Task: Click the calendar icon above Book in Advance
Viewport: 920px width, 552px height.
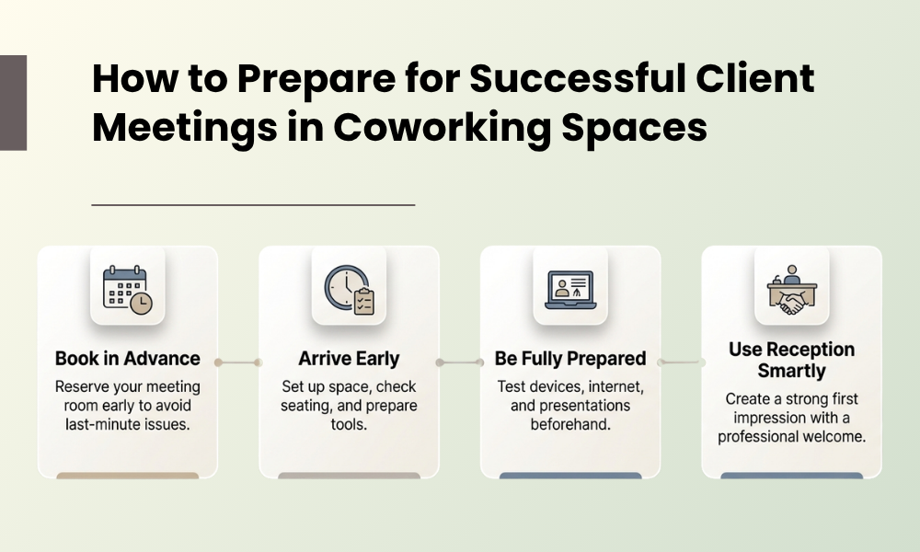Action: [128, 291]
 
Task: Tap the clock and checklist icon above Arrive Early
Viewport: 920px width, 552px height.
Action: [349, 291]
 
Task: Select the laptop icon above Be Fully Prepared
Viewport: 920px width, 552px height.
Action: [570, 290]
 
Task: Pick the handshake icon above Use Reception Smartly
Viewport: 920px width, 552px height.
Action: [791, 291]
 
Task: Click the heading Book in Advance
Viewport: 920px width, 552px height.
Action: [128, 359]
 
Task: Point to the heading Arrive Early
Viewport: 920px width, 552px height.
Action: [349, 359]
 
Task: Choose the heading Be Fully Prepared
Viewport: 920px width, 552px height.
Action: [570, 359]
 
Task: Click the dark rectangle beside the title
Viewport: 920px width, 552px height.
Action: [13, 102]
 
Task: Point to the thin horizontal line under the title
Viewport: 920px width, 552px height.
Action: [253, 204]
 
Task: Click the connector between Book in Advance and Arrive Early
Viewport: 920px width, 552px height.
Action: [238, 362]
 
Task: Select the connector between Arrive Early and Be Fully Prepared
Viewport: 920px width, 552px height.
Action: [460, 362]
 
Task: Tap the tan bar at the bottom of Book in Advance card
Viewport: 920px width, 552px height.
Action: [128, 476]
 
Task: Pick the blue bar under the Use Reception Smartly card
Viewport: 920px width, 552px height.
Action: [791, 476]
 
